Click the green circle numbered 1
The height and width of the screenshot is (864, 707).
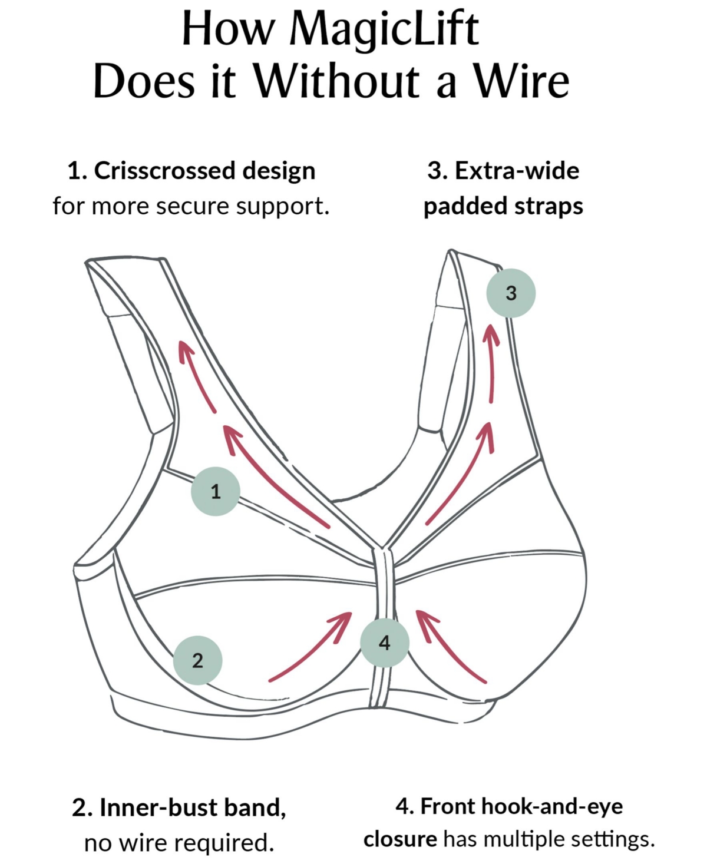216,491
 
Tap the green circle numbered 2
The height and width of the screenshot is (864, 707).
198,660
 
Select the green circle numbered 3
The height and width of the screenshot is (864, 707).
511,293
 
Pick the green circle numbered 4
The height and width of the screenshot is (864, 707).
385,643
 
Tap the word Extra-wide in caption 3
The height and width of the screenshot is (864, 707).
517,171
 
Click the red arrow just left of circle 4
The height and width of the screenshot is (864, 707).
310,647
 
